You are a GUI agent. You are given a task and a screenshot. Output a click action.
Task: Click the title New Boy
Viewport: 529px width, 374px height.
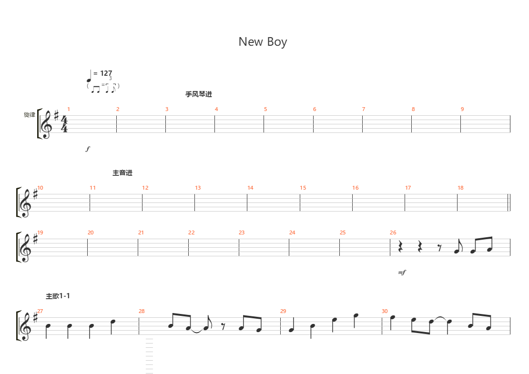pos(263,42)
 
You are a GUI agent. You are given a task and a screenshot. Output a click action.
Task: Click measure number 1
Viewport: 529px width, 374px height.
pos(69,109)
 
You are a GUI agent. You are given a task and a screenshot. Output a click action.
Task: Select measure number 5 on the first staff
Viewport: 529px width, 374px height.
pos(265,109)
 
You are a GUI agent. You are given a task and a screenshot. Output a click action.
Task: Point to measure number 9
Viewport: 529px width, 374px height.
pos(462,109)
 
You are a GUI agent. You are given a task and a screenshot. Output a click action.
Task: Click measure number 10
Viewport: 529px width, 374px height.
pos(40,188)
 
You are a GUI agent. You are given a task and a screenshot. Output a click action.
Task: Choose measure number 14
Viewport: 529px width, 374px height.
pos(250,188)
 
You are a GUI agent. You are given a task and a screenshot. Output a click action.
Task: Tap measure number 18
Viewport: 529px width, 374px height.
pos(460,188)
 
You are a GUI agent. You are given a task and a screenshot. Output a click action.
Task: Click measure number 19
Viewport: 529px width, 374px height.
pos(40,232)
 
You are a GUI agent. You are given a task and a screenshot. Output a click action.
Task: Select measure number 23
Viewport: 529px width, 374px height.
pos(242,232)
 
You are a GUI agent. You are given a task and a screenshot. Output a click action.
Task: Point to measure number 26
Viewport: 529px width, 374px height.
pos(393,232)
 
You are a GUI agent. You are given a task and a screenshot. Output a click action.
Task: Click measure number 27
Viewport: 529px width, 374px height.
pos(40,311)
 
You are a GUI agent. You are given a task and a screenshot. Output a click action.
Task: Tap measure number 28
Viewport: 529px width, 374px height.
pos(142,311)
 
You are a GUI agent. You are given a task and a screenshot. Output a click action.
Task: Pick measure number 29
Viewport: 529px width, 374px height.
pos(283,311)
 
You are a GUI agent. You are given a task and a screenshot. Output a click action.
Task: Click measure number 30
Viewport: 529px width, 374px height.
pos(385,311)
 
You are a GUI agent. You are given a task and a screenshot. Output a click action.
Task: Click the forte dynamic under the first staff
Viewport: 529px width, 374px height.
pos(88,149)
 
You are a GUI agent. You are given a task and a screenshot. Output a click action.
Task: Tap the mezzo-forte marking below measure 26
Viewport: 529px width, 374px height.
pos(402,273)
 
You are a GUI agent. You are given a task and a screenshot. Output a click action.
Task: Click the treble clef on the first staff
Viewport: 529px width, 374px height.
pos(46,125)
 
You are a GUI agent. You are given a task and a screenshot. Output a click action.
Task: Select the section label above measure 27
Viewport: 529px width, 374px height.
pos(58,296)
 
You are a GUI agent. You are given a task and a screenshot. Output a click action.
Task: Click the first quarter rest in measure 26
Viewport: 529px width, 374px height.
pos(401,247)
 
